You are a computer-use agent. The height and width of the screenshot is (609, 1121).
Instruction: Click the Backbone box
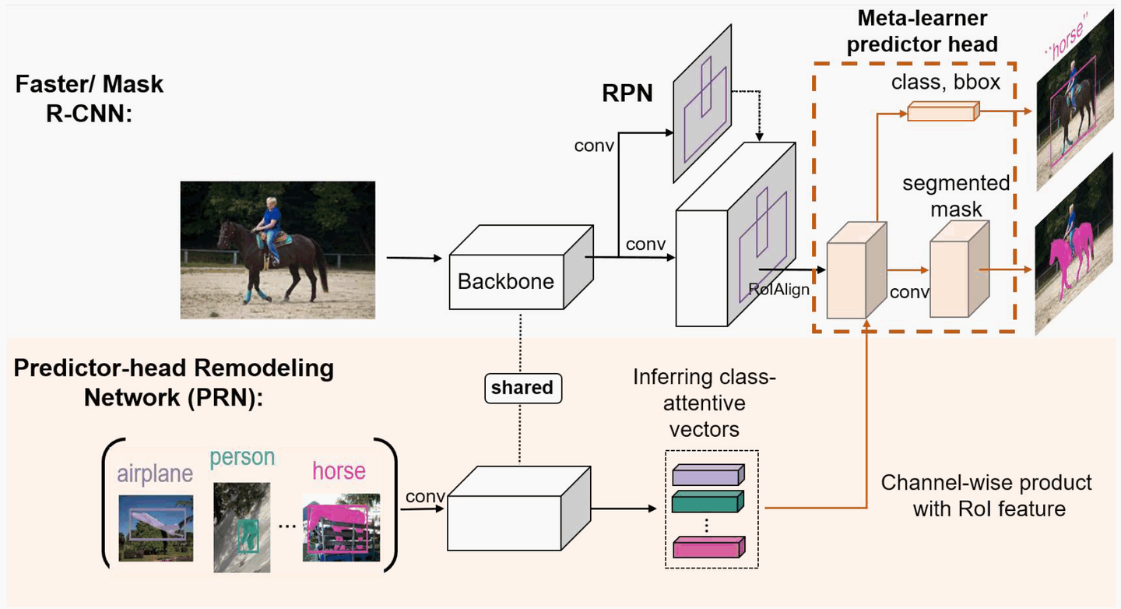pos(506,280)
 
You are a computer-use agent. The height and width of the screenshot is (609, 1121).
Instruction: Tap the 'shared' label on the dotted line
pos(522,387)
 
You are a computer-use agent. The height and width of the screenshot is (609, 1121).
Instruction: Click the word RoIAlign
pos(779,289)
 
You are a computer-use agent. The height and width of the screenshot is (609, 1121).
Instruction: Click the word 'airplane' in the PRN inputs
pos(155,473)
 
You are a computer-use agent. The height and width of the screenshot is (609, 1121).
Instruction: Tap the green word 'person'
pos(242,457)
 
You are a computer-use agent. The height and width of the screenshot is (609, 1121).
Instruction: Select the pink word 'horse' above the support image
pos(339,471)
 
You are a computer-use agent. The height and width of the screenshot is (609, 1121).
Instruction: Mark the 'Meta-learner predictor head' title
pos(922,31)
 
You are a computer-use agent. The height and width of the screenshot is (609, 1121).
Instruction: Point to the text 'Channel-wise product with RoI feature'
pos(986,496)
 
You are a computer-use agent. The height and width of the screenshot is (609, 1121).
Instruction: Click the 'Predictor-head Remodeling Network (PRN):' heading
pos(174,382)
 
